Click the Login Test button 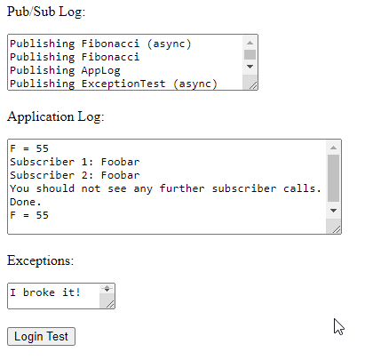tap(41, 336)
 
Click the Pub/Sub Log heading tap(46, 12)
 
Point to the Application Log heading tap(56, 116)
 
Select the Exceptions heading tap(40, 260)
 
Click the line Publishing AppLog tap(65, 70)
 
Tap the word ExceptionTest tap(123, 84)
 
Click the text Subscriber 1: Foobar tap(75, 162)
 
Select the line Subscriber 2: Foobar tap(75, 175)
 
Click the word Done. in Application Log tap(26, 202)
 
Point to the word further tap(182, 188)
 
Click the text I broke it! tap(45, 292)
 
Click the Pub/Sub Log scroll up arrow tap(250, 43)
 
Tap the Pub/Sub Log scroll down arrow tap(250, 67)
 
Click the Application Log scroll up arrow tap(333, 148)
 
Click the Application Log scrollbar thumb tap(333, 178)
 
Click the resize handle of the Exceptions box tap(110, 304)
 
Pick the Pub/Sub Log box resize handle tap(253, 85)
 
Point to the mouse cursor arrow tap(338, 326)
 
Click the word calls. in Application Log tap(302, 188)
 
